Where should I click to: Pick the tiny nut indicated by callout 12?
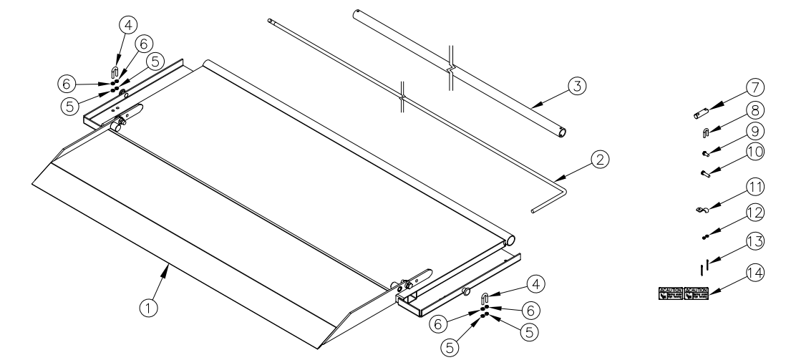705,237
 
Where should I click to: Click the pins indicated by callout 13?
704,268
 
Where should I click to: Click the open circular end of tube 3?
563,132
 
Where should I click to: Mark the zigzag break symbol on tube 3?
450,68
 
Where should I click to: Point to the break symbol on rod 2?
403,94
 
